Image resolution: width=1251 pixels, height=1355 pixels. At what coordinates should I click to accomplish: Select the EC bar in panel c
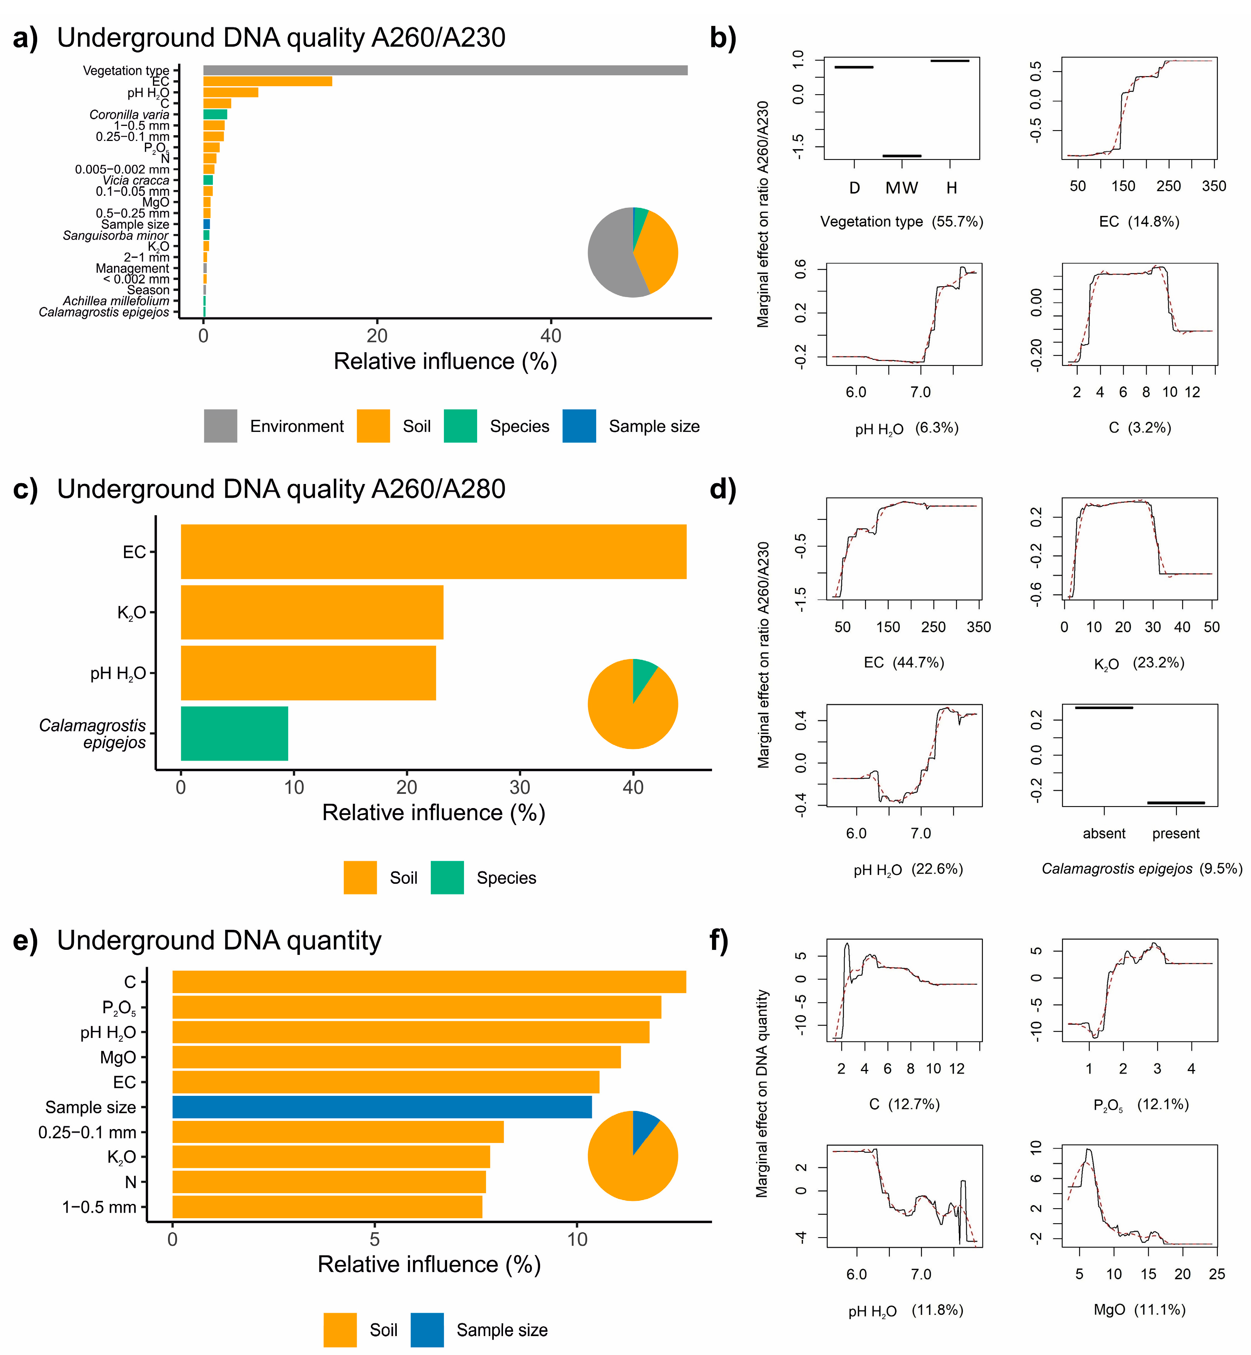coord(433,552)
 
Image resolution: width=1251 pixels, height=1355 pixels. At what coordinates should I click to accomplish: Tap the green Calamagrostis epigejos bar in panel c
coord(234,734)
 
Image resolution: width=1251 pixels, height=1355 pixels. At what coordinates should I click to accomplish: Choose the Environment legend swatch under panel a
coord(221,426)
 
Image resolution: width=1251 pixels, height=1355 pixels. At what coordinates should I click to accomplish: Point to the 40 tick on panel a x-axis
coord(551,336)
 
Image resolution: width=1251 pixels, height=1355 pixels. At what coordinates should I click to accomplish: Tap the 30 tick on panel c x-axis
coord(520,787)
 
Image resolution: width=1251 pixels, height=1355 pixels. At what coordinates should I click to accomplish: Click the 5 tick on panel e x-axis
coord(374,1239)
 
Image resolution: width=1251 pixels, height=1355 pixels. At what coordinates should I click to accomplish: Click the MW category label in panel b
coord(902,188)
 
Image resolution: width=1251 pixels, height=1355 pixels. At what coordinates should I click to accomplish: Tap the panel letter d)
coord(722,489)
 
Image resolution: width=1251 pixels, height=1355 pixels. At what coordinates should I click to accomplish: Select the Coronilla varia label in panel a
coord(129,114)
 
